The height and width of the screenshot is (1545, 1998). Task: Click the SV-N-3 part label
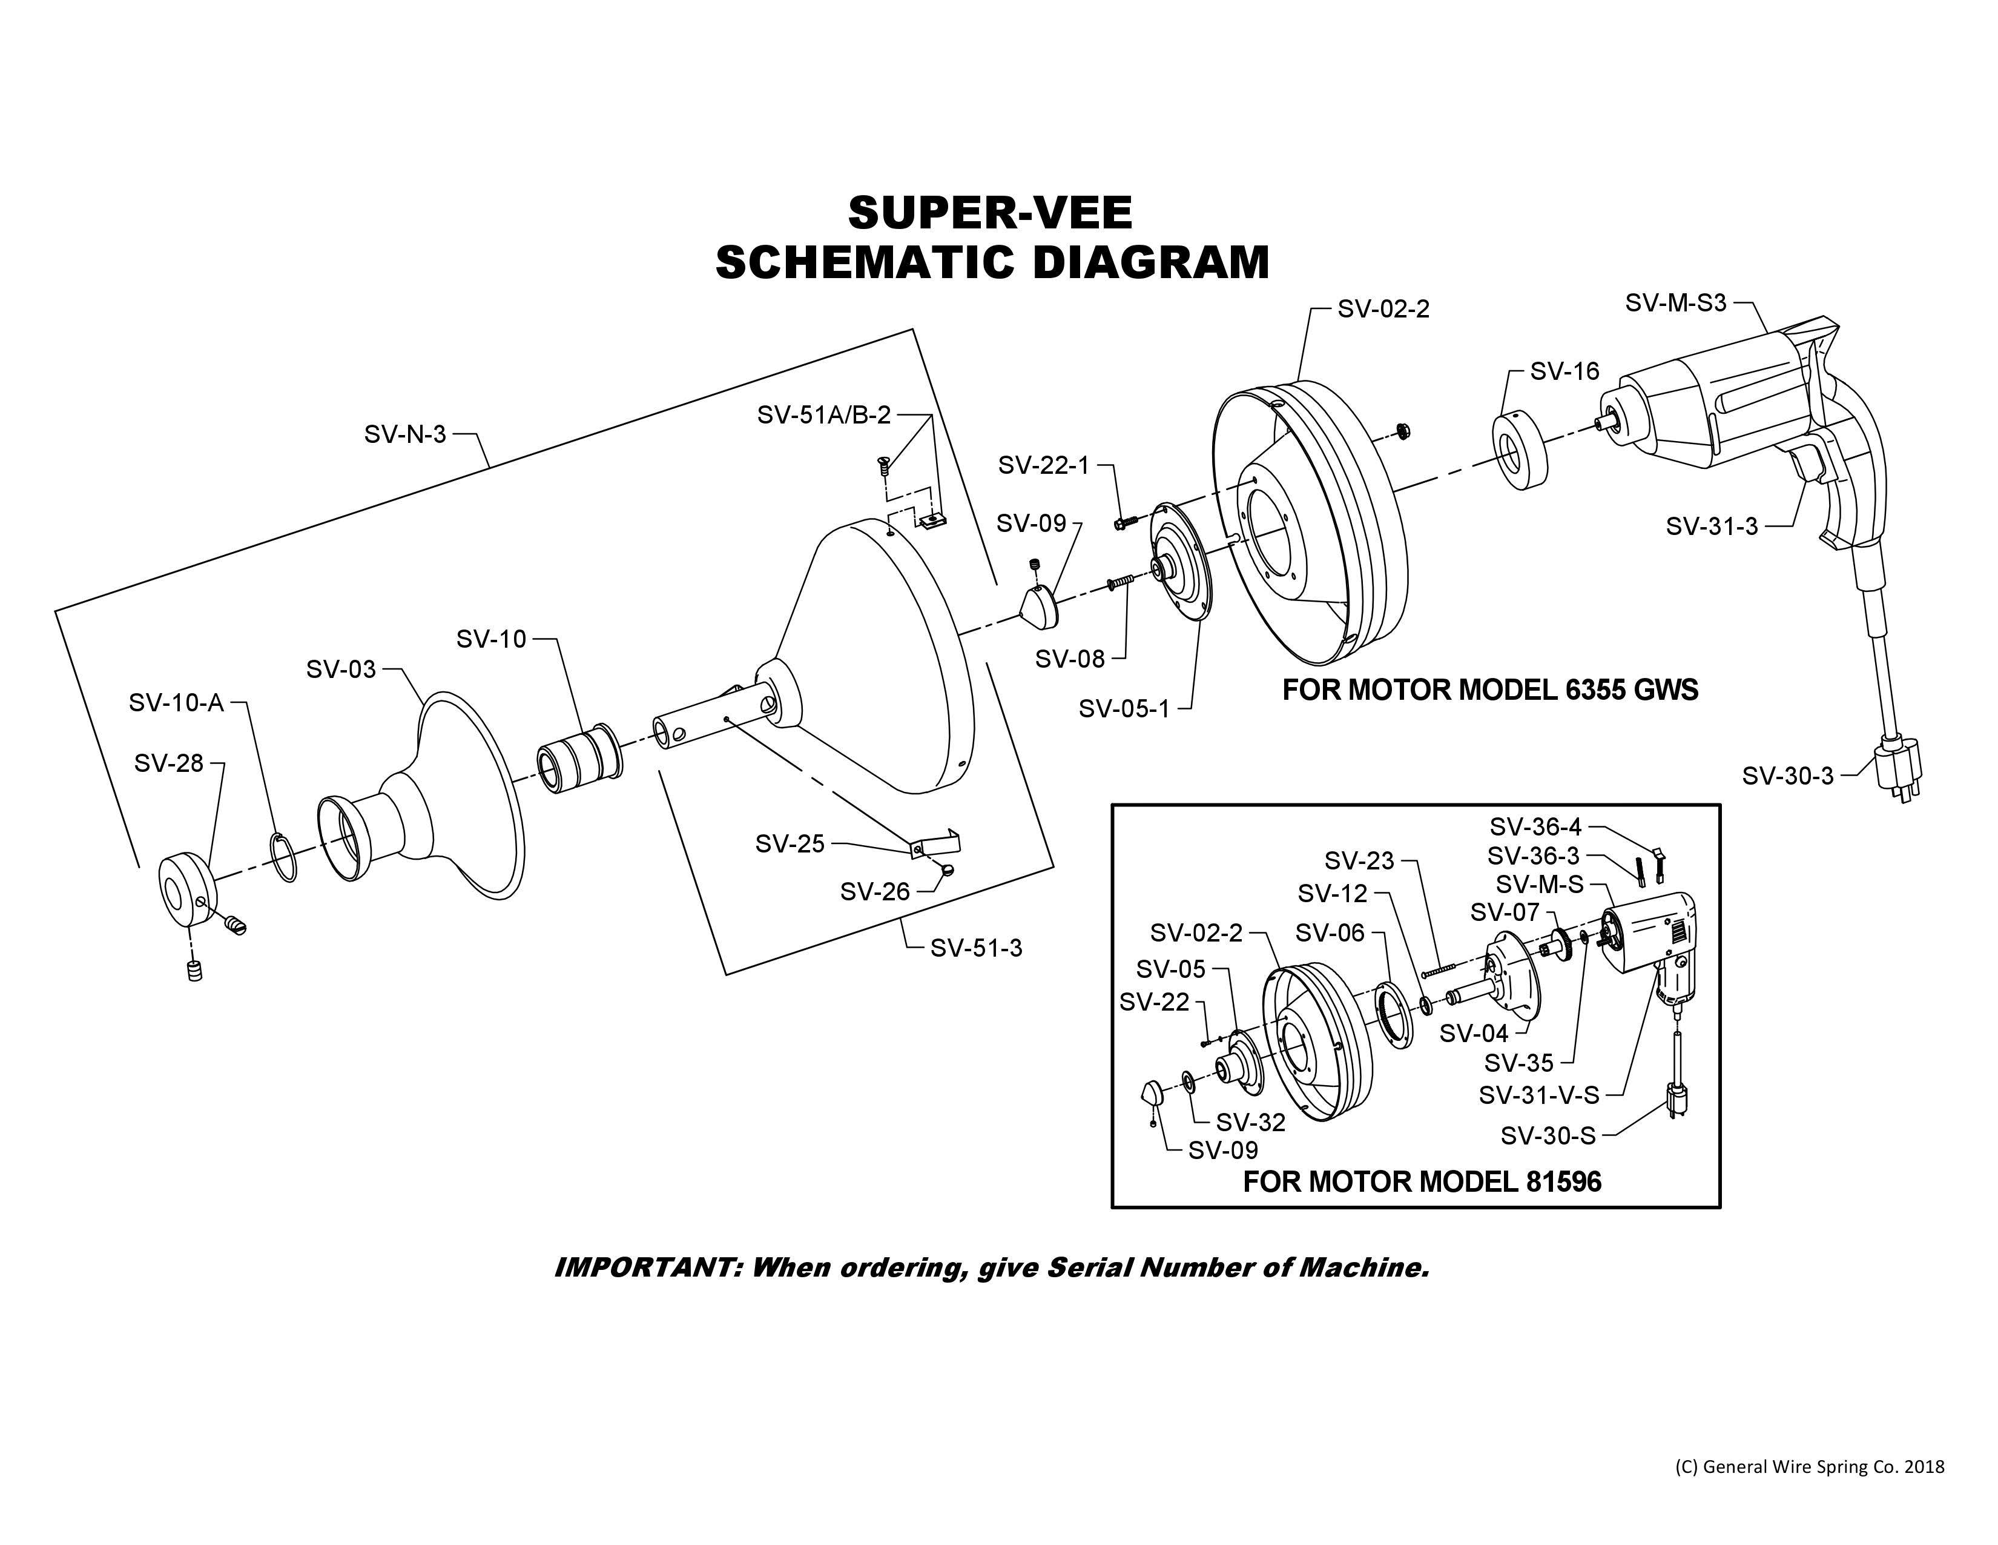tap(404, 434)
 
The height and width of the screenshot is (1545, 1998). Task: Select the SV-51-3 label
tap(976, 948)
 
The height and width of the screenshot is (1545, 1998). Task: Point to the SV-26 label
tap(875, 891)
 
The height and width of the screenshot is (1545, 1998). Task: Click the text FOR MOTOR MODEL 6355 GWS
tap(1489, 689)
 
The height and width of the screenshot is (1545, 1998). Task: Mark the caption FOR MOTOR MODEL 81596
tap(1422, 1181)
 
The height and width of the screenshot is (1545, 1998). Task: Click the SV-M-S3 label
tap(1675, 303)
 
